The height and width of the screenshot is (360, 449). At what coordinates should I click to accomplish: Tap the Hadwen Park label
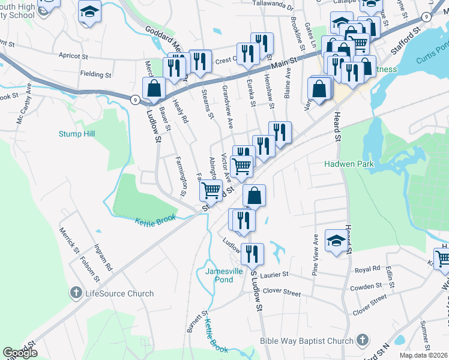pyautogui.click(x=349, y=163)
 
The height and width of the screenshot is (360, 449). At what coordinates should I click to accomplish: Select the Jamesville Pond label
pyautogui.click(x=219, y=275)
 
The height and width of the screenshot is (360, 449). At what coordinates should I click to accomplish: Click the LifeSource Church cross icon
pyautogui.click(x=76, y=293)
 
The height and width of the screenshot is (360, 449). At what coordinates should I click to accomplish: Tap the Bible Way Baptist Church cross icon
pyautogui.click(x=362, y=341)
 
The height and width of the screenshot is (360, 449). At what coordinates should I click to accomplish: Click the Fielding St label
pyautogui.click(x=95, y=74)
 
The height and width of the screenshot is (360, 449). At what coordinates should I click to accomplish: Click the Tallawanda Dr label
pyautogui.click(x=274, y=8)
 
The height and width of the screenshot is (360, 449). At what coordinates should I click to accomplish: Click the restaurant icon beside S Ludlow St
pyautogui.click(x=253, y=253)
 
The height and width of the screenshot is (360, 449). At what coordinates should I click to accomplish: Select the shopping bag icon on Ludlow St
pyautogui.click(x=154, y=88)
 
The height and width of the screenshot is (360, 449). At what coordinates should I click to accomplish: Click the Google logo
pyautogui.click(x=20, y=353)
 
